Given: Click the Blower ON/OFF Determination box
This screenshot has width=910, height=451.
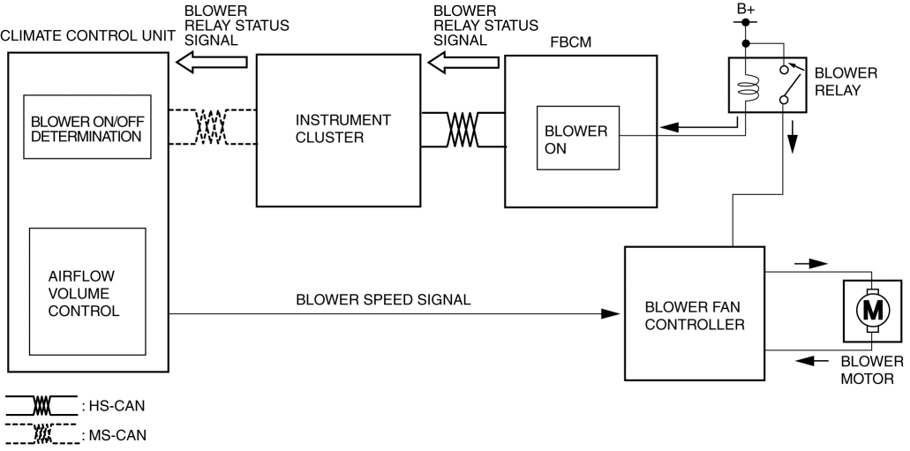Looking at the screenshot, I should [86, 129].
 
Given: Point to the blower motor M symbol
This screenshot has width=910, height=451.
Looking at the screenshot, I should [872, 310].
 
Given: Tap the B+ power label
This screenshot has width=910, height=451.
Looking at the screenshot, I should [747, 11].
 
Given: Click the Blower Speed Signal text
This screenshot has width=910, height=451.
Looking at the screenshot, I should [383, 299].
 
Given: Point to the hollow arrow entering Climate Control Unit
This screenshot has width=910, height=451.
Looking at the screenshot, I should [212, 62].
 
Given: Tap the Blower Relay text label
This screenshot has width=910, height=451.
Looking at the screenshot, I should [846, 81].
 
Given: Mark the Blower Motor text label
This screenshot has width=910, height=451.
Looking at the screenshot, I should [871, 371].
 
